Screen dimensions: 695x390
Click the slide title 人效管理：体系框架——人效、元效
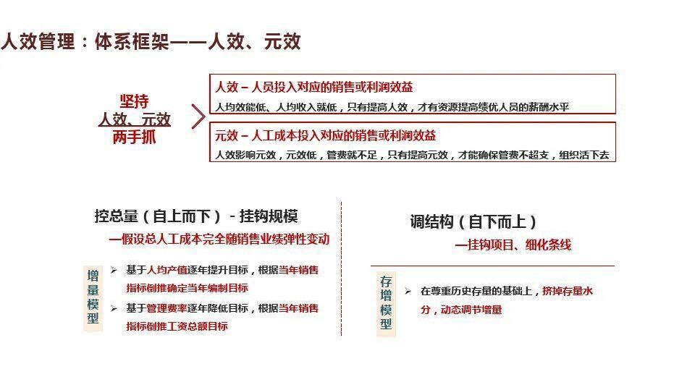coord(151,41)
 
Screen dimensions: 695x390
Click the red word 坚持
coord(134,101)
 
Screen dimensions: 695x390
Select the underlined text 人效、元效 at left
coord(135,119)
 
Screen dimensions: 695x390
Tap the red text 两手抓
coord(134,137)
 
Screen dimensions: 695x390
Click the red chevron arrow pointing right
coord(198,116)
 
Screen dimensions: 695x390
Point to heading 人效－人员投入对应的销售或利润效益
coord(314,87)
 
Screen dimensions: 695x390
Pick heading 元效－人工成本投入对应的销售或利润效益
coord(326,135)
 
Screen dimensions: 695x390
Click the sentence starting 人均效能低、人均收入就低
coord(392,107)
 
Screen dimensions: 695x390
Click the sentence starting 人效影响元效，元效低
coord(411,155)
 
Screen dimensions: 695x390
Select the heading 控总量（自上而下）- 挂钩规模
coord(195,216)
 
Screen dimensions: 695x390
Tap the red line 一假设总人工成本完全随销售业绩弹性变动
coord(219,239)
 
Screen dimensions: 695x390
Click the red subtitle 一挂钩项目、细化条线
coord(513,245)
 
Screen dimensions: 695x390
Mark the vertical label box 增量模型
coord(93,297)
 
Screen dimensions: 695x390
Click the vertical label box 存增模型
coord(386,303)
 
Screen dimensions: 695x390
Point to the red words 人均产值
coord(163,270)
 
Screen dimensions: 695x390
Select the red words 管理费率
coord(163,308)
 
